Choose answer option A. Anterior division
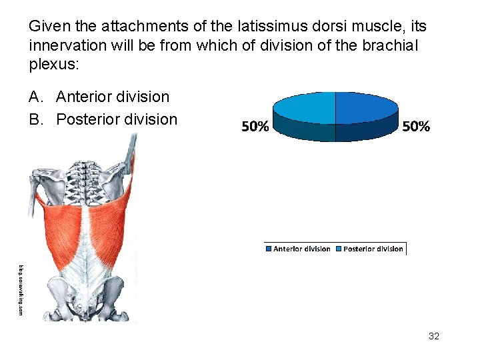(99, 97)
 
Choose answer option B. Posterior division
(103, 119)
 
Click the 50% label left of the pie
(255, 127)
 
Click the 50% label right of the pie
(415, 127)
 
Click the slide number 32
(433, 336)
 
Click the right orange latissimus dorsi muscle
(113, 227)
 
